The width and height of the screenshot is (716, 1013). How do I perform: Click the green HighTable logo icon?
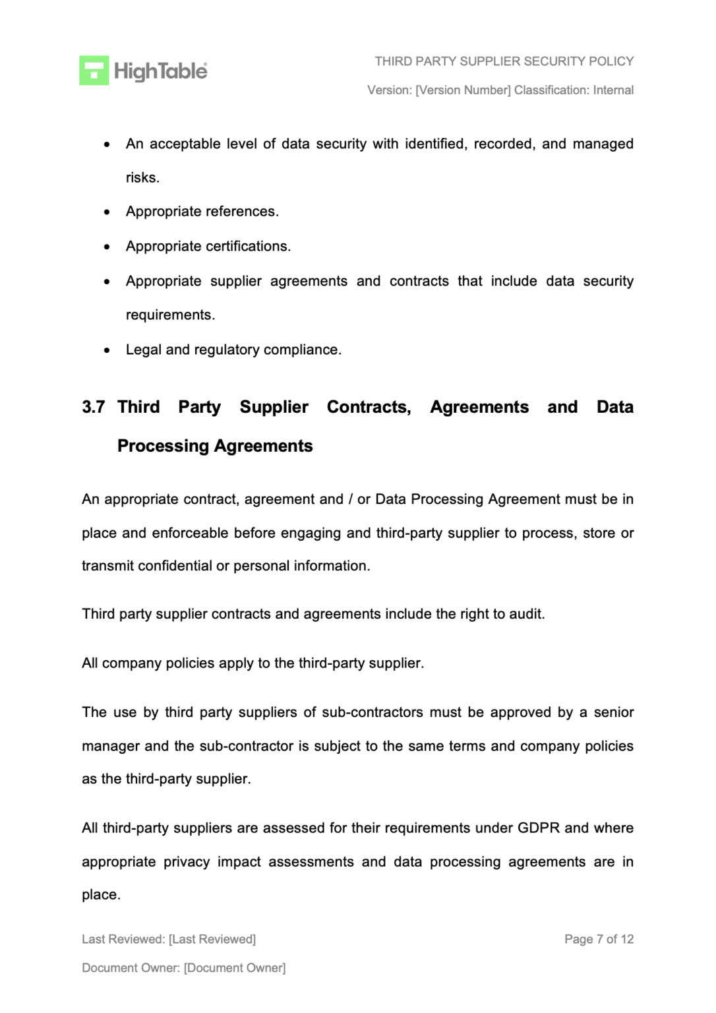pos(94,71)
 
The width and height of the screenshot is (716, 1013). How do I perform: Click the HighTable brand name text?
pos(160,71)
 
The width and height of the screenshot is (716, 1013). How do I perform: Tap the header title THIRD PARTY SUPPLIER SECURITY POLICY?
pos(504,61)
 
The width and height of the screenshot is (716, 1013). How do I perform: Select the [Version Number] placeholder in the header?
pos(463,90)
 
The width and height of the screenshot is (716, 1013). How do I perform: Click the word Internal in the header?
pos(613,90)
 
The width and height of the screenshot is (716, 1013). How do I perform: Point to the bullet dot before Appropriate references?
pos(107,212)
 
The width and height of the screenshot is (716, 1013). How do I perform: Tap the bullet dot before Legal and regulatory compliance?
pos(107,350)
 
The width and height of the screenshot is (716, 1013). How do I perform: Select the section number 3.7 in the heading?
pos(93,407)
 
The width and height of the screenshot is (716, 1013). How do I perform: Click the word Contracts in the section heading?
pos(369,407)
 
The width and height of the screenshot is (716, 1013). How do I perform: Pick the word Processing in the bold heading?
pos(163,446)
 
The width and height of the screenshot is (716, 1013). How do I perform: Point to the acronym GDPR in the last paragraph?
pos(538,828)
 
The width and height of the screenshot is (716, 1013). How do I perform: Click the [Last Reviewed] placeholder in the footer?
pos(212,939)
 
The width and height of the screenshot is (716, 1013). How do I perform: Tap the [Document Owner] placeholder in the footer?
pos(235,968)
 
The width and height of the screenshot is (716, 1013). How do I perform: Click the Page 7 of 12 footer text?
pos(599,939)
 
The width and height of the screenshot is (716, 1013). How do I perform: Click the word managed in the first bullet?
pos(603,144)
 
